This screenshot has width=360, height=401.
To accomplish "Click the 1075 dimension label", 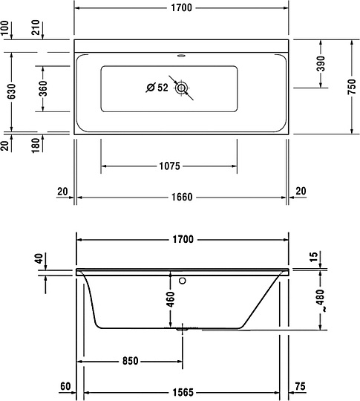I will (169, 166).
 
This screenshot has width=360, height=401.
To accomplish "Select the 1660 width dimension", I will (182, 197).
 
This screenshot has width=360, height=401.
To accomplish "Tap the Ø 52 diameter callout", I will (157, 88).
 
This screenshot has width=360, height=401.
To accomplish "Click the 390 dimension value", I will (320, 64).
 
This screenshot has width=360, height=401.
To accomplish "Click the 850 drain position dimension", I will (130, 362).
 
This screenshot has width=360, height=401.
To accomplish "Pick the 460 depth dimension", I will (170, 299).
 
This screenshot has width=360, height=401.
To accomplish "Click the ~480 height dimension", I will (320, 301).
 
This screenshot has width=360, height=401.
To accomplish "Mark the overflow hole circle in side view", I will (182, 281).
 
